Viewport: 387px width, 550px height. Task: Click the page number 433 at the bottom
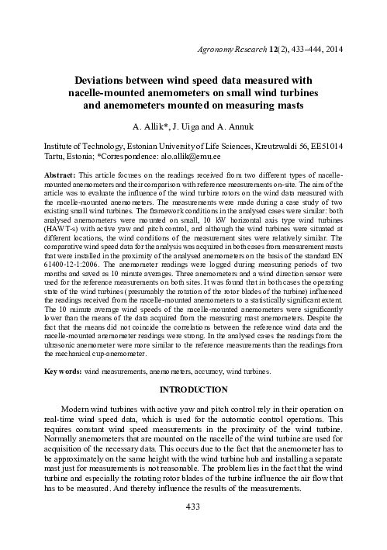[193, 529]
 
